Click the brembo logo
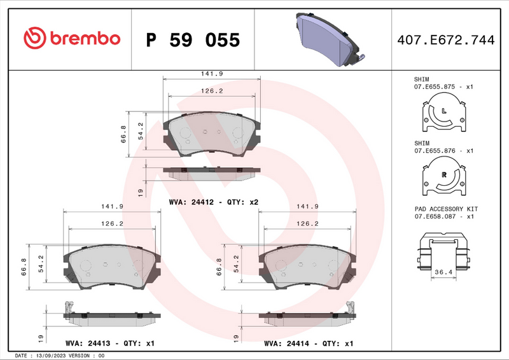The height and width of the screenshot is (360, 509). click(x=71, y=38)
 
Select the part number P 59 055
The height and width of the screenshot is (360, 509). click(x=193, y=40)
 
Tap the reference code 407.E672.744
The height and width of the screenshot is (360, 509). click(x=445, y=40)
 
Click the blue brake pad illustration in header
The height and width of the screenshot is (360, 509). click(x=328, y=39)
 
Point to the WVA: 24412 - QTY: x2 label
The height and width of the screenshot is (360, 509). click(x=213, y=202)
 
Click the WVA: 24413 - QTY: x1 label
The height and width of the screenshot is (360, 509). click(x=110, y=343)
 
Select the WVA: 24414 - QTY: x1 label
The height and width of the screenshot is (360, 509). click(x=309, y=343)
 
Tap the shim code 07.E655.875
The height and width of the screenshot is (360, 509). click(x=436, y=86)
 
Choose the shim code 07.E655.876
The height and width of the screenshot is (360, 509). click(x=436, y=151)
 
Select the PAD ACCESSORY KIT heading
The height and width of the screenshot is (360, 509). click(x=445, y=209)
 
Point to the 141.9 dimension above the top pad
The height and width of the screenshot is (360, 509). click(x=212, y=74)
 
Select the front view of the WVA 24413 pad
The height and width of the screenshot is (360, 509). click(x=111, y=265)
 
